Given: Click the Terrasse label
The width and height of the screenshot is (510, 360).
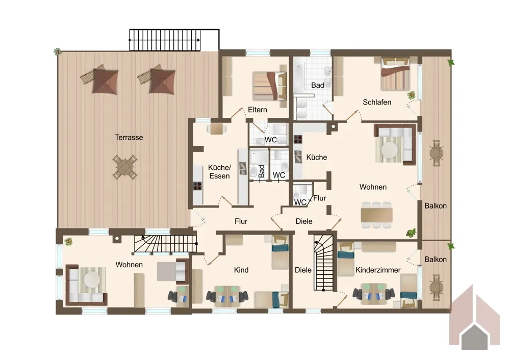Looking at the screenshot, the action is (x=129, y=137).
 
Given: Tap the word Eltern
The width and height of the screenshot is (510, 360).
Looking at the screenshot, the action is (x=257, y=110).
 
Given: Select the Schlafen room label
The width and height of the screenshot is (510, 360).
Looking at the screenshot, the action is (x=377, y=102).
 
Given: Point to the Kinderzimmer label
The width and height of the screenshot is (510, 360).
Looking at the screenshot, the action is (x=378, y=270).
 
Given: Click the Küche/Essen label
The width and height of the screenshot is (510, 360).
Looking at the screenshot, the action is (x=219, y=172).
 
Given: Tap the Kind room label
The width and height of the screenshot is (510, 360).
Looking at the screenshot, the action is (x=241, y=270).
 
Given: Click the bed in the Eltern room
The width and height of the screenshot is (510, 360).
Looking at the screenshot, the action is (x=270, y=86).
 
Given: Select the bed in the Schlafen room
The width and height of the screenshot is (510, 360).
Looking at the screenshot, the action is (x=395, y=74).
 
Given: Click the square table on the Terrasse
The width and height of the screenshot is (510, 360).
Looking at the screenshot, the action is (x=125, y=167).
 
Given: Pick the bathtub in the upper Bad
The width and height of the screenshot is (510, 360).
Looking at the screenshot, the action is (x=298, y=78).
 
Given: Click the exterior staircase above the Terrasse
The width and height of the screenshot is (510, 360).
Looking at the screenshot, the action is (x=174, y=40).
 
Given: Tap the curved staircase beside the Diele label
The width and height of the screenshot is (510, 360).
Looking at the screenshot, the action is (x=323, y=263).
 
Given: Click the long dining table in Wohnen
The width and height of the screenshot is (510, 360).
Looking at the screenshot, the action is (x=377, y=215).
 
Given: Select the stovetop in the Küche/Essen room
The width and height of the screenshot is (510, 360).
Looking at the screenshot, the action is (x=197, y=186).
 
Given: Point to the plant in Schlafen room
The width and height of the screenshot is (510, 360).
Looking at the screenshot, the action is (x=412, y=95).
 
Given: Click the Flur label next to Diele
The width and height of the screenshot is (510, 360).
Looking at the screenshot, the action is (x=319, y=198).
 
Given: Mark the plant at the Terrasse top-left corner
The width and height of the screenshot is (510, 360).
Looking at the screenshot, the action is (x=58, y=52).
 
